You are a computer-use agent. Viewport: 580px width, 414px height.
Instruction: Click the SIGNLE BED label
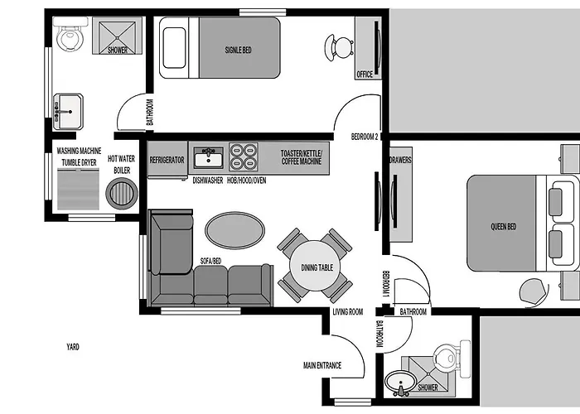239,50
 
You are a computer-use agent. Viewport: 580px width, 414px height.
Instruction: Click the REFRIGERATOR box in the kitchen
167,160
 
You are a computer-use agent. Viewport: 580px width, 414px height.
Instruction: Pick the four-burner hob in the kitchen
242,156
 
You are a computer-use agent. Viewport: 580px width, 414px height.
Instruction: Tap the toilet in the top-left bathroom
70,37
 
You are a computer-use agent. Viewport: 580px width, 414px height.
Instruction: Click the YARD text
73,347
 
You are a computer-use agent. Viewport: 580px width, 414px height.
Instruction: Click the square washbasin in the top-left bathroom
68,108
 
